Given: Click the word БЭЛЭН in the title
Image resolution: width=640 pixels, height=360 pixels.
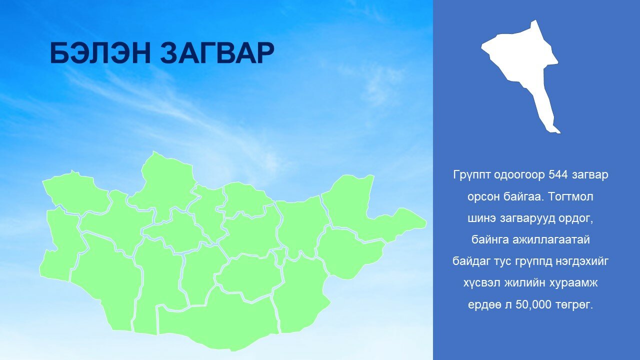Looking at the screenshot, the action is [100, 53].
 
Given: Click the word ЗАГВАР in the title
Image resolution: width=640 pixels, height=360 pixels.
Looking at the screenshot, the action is [217, 53].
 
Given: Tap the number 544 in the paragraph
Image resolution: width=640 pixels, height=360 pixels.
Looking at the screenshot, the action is [558, 175].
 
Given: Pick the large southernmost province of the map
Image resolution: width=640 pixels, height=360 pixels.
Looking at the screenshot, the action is [217, 320].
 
